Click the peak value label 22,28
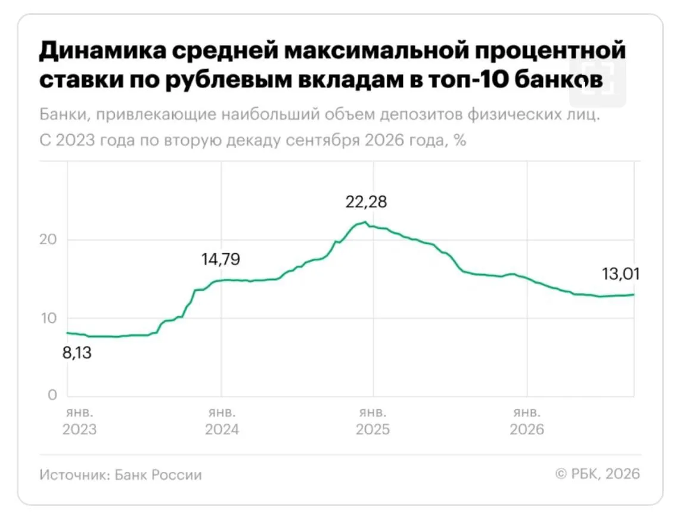pyautogui.click(x=366, y=202)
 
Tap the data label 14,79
pyautogui.click(x=221, y=259)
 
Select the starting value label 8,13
pyautogui.click(x=77, y=353)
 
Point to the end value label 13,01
pyautogui.click(x=620, y=274)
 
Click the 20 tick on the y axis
pyautogui.click(x=48, y=240)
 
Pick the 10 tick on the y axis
pyautogui.click(x=49, y=318)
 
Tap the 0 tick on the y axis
pyautogui.click(x=52, y=394)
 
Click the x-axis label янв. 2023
pyautogui.click(x=79, y=421)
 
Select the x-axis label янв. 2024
pyautogui.click(x=222, y=421)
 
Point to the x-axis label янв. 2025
pyautogui.click(x=372, y=421)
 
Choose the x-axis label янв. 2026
pyautogui.click(x=526, y=421)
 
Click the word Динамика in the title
pyautogui.click(x=103, y=50)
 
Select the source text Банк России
pyautogui.click(x=159, y=475)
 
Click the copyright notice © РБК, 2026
pyautogui.click(x=598, y=474)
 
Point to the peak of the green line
pyautogui.click(x=365, y=222)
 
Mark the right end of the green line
pyautogui.click(x=634, y=295)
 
